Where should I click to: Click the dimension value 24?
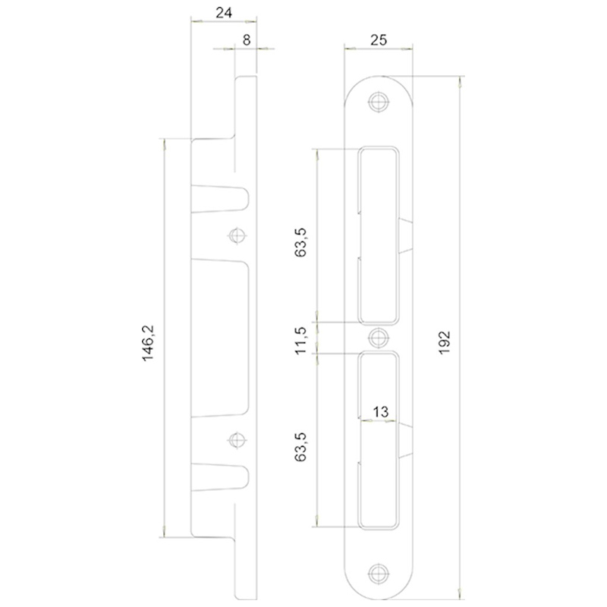click(224, 13)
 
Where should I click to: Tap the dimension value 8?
click(247, 40)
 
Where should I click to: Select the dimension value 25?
click(378, 40)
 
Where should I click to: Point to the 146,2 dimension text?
click(148, 343)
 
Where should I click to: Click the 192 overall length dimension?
click(445, 342)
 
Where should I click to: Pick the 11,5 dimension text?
click(300, 340)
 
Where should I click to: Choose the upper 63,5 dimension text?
click(300, 242)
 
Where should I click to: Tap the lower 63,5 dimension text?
click(300, 447)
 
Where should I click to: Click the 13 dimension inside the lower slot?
click(380, 411)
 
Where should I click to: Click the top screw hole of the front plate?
click(378, 102)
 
